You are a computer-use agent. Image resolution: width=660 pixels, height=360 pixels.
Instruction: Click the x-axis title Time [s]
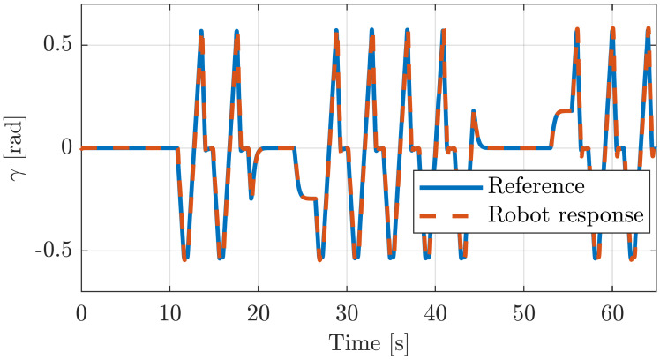pyautogui.click(x=369, y=341)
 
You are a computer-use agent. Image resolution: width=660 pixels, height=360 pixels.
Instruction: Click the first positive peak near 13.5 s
pyautogui.click(x=201, y=32)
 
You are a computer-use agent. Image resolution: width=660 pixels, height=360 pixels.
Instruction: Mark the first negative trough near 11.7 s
pyautogui.click(x=184, y=259)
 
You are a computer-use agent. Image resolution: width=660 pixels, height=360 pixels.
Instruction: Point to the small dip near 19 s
pyautogui.click(x=251, y=196)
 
